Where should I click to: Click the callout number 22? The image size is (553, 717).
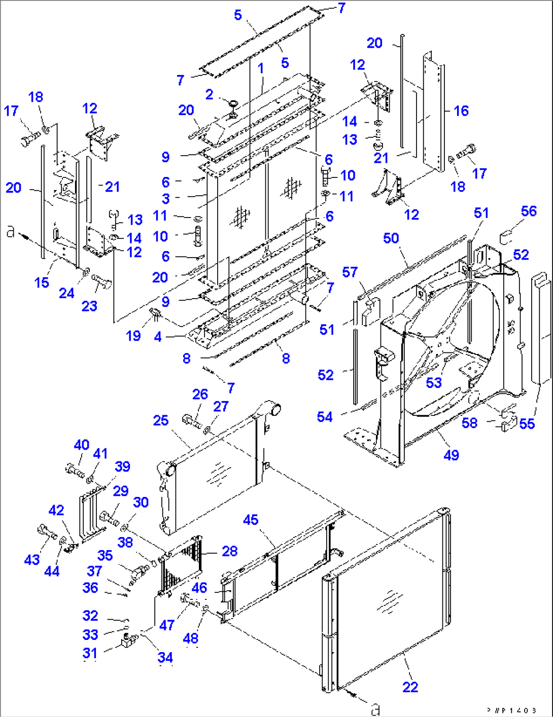pos(410,687)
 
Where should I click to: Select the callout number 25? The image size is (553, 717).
pos(160,420)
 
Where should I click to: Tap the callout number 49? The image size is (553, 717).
pos(451,455)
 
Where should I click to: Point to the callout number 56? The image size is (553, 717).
pos(529,211)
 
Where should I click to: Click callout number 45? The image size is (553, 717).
pos(251,520)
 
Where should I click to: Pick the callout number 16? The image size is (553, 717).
pos(461,111)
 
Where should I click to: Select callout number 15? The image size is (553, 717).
pos(42,282)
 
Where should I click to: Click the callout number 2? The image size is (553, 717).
pos(209,94)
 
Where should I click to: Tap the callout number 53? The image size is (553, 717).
pos(434,382)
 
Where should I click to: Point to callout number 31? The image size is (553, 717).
pos(90,653)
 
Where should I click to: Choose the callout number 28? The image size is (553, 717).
pos(229,551)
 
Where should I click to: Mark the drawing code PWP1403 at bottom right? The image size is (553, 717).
pos(511,710)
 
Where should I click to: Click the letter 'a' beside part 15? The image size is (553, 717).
pos(10,233)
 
